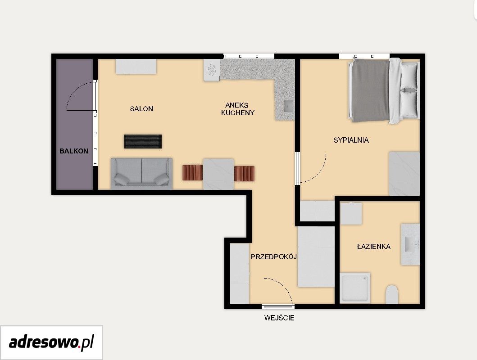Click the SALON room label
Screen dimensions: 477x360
coord(141,109)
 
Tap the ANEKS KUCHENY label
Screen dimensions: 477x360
coord(237,109)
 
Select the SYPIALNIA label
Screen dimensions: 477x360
coord(351,140)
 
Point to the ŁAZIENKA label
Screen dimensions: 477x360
coord(373,246)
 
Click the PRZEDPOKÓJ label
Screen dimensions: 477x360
coord(273,256)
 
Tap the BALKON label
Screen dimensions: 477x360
coord(73,151)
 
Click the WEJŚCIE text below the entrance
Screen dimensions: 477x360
coord(279,318)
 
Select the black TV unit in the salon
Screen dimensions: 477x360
coord(143,141)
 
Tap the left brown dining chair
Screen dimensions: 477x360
coord(192,172)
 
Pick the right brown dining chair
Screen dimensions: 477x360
coord(244,173)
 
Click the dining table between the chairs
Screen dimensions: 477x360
coord(218,174)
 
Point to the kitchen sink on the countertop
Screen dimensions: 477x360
coord(288,106)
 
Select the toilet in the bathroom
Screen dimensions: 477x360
coord(392,294)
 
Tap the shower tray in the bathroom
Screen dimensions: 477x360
coord(355,288)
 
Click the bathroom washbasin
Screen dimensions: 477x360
coord(410,244)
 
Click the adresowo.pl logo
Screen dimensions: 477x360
coord(51,343)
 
